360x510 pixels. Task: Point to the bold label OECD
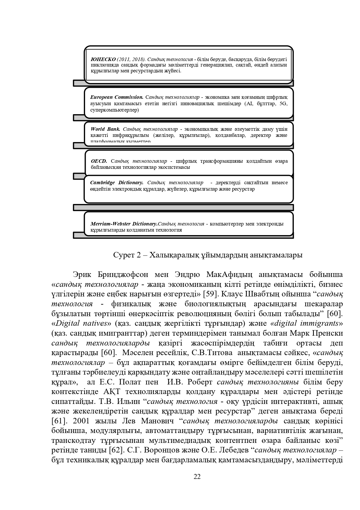99,161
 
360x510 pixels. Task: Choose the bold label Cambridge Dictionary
117,182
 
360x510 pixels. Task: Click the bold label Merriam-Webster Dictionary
124,224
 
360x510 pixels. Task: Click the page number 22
197,477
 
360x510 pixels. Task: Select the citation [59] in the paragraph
211,294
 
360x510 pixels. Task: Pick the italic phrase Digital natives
81,323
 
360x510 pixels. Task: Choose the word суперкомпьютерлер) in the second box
114,110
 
